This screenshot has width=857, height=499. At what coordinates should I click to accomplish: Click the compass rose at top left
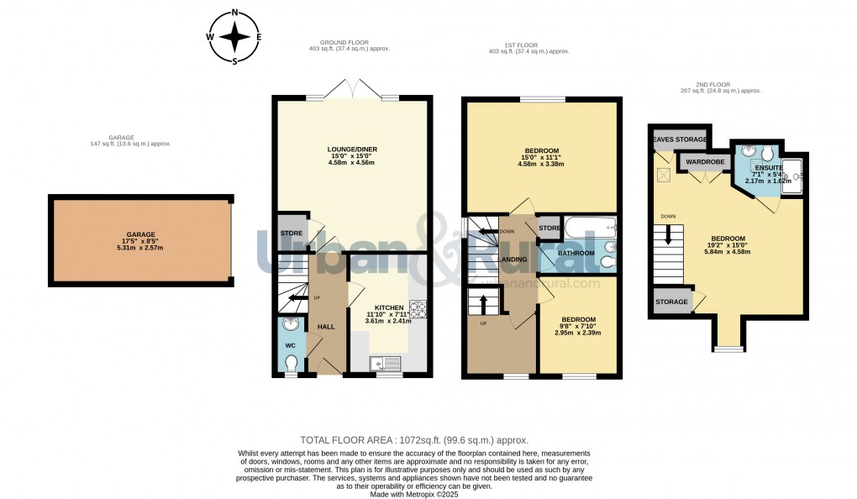pyautogui.click(x=234, y=37)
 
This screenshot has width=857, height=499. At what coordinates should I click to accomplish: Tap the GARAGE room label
pyautogui.click(x=141, y=234)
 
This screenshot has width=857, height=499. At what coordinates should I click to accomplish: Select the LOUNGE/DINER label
pyautogui.click(x=352, y=150)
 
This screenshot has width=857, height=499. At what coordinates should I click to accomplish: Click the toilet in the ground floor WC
pyautogui.click(x=291, y=362)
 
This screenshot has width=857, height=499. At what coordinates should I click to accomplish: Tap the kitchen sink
pyautogui.click(x=386, y=364)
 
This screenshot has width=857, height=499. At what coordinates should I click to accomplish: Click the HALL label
pyautogui.click(x=325, y=327)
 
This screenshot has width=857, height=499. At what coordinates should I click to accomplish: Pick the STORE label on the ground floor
pyautogui.click(x=291, y=234)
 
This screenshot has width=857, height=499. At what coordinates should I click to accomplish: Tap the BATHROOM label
pyautogui.click(x=577, y=253)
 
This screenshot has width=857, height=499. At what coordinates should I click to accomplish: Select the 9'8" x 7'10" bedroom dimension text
pyautogui.click(x=579, y=326)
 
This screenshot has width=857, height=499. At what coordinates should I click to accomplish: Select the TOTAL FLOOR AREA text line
pyautogui.click(x=414, y=440)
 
